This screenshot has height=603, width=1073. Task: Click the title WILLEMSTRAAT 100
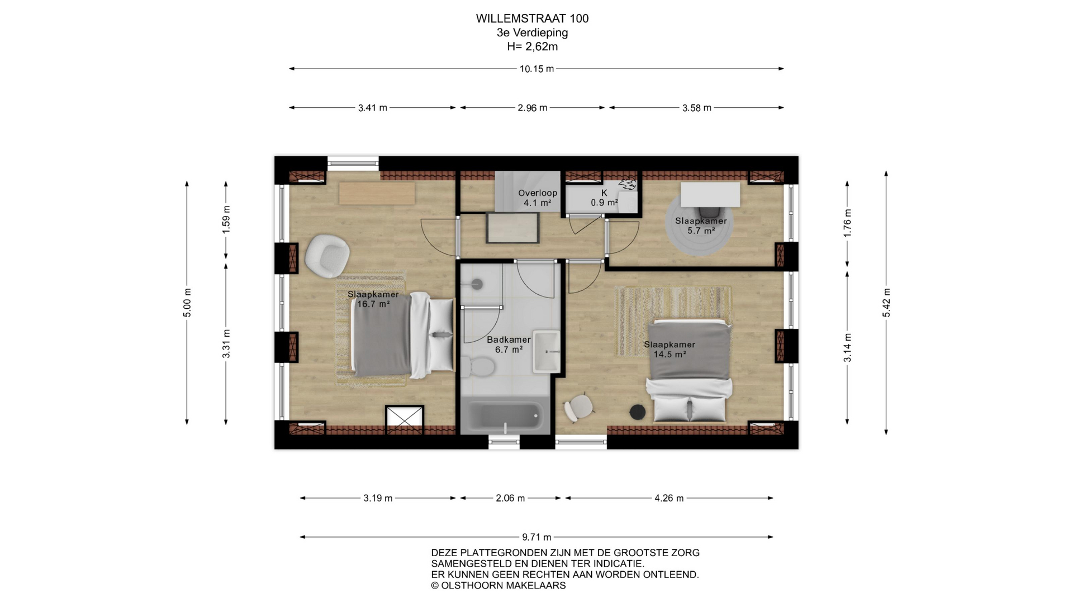point(532,18)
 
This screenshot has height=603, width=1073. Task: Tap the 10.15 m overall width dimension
point(536,69)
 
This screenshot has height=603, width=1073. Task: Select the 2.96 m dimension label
point(532,108)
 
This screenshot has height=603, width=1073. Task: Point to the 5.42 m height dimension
point(886,303)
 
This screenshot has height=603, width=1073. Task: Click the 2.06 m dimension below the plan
point(510,498)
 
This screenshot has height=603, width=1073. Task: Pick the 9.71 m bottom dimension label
point(536,537)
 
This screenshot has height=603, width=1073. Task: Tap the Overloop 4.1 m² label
point(538,198)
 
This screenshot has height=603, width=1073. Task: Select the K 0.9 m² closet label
point(604,198)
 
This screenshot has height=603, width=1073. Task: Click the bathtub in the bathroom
point(505,417)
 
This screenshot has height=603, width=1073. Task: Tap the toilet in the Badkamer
point(477,367)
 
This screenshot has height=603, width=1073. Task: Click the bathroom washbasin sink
point(546,351)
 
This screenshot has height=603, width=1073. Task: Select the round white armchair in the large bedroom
point(327,256)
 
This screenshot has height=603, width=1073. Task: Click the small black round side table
point(638,413)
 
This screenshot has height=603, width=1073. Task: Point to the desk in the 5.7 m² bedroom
point(710,195)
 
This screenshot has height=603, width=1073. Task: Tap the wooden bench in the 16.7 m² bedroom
point(377,193)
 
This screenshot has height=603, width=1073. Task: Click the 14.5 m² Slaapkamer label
point(670,350)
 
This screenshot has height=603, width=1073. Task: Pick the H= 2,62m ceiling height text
point(532,46)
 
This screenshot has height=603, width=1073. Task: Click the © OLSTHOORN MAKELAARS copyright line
point(498,586)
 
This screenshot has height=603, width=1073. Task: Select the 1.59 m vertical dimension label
point(226,219)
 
